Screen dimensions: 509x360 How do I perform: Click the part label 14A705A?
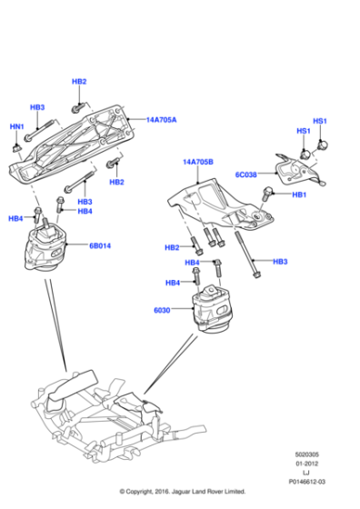pos(163,119)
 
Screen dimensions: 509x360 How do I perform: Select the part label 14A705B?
pos(197,162)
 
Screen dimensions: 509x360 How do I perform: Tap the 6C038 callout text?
pos(248,175)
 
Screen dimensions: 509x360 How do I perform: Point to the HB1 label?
pos(299,195)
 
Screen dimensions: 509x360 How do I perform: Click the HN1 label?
pos(17,126)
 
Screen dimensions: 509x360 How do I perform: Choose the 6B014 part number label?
pos(100,245)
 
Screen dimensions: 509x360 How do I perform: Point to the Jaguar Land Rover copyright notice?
pos(182,492)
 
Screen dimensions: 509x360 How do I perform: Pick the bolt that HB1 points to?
pos(270,192)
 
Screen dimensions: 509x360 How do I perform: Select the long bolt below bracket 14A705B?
pos(247,254)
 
